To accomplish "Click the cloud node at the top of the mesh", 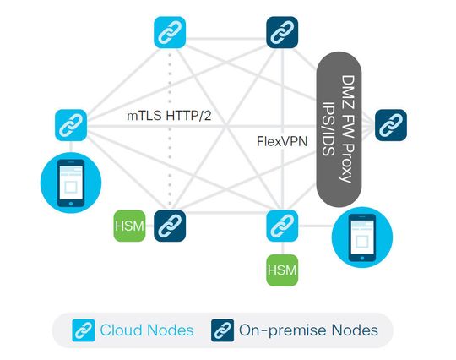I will [170, 32].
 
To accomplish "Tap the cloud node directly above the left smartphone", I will [69, 124].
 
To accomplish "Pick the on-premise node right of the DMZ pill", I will [390, 124].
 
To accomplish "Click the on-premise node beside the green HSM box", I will [169, 226].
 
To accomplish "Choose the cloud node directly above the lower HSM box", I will [281, 226].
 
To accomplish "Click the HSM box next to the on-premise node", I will [129, 226].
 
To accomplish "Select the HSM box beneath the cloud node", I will [281, 270].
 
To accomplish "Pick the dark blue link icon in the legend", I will [221, 330].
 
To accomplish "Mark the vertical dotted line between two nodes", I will [170, 161].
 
